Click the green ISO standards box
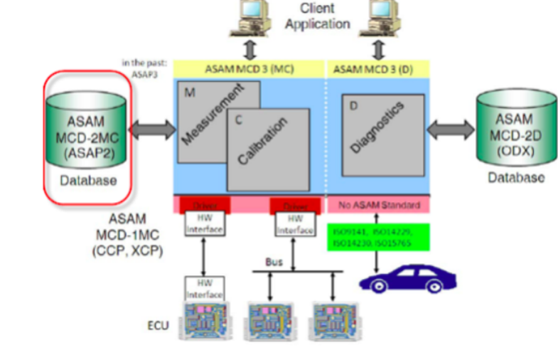click(379, 237)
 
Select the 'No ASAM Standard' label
click(379, 205)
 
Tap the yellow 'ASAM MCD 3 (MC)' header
click(248, 69)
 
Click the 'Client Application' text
click(317, 16)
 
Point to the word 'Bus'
click(274, 262)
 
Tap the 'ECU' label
click(158, 325)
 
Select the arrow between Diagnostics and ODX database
click(451, 129)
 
